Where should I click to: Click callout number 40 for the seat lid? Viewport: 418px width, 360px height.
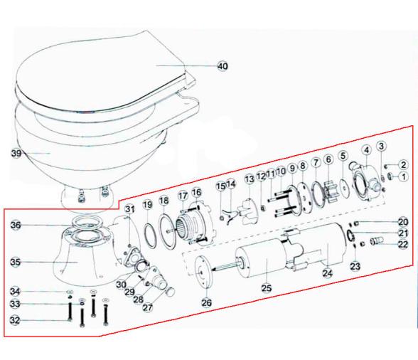click(223, 66)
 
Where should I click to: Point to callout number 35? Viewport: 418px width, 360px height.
click(15, 262)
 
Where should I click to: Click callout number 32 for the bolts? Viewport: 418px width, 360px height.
click(15, 321)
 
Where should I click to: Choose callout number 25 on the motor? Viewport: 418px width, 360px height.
click(267, 287)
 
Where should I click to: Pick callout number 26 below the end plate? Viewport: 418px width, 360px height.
click(206, 302)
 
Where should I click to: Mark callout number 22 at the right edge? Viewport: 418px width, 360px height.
click(402, 244)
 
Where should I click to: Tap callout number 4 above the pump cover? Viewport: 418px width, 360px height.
click(366, 150)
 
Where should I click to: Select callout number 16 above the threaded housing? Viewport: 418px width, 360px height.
click(197, 192)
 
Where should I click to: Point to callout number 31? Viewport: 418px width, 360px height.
click(129, 208)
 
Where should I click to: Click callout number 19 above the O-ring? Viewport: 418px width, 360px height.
click(147, 206)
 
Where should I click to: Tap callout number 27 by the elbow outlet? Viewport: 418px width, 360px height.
click(147, 308)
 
